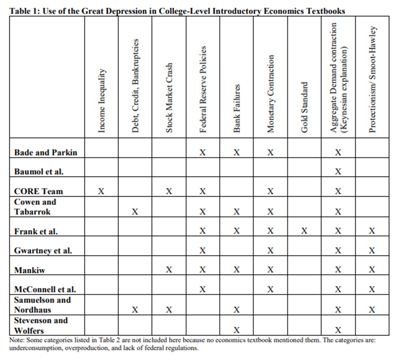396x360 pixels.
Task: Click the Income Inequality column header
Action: (102, 101)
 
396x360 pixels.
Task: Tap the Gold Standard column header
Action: (304, 107)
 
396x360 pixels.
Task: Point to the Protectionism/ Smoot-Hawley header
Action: (372, 80)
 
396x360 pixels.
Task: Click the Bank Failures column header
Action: (237, 108)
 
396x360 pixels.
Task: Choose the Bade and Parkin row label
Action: (46, 152)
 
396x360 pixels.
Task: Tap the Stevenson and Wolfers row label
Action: (40, 325)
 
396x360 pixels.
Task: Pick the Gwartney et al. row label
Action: (43, 250)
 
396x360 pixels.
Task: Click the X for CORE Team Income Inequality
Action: (101, 191)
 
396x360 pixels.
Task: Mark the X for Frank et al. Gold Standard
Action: (304, 231)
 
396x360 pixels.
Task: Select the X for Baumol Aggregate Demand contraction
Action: (338, 172)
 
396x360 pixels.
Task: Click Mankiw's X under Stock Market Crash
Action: (169, 270)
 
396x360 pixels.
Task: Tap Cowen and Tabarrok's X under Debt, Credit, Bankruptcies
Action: (135, 212)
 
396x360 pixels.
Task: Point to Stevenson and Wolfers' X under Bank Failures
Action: (237, 330)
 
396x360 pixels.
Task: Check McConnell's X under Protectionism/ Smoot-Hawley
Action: (372, 290)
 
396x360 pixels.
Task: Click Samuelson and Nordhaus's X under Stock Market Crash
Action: (169, 310)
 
